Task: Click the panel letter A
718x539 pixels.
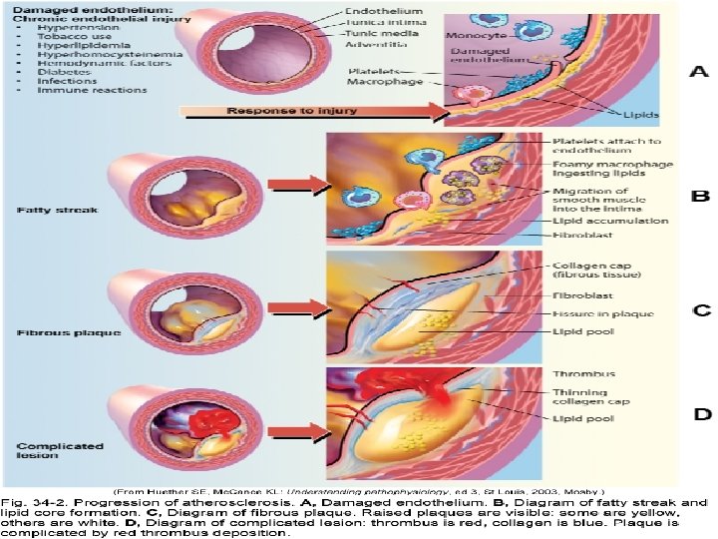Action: pos(701,71)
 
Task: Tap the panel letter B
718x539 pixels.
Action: pos(701,197)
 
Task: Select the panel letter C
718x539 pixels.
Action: pos(701,310)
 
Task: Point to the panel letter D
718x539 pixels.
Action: pos(701,411)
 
